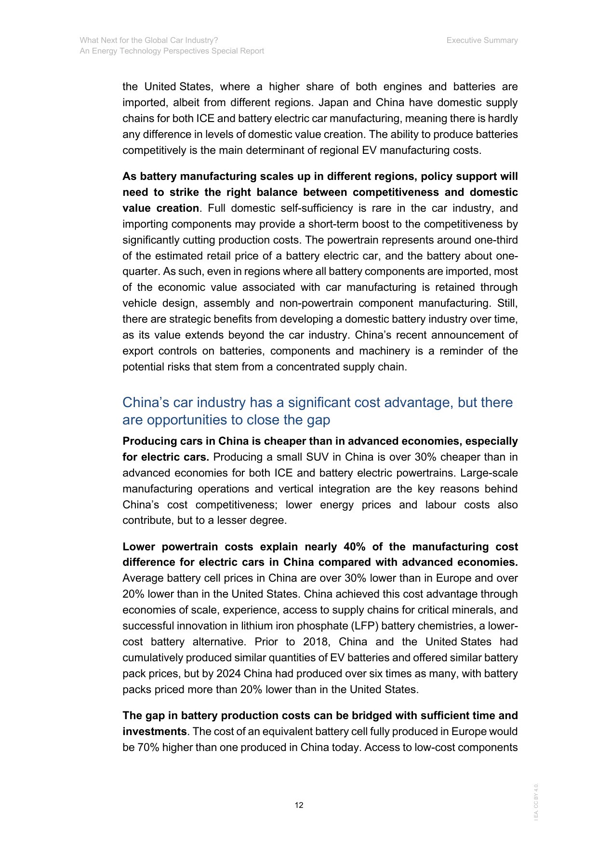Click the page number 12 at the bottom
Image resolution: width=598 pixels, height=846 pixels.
click(299, 805)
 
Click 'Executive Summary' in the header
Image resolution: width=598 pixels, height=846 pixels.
click(482, 41)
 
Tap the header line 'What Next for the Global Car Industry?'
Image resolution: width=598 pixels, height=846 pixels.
click(149, 41)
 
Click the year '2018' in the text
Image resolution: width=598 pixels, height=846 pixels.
click(316, 642)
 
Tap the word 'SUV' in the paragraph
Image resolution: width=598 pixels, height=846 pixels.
click(317, 457)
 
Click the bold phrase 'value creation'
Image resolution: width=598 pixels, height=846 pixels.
click(160, 208)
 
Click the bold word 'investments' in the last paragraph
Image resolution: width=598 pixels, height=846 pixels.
click(154, 732)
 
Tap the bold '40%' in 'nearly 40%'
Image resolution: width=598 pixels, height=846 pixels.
click(354, 547)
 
